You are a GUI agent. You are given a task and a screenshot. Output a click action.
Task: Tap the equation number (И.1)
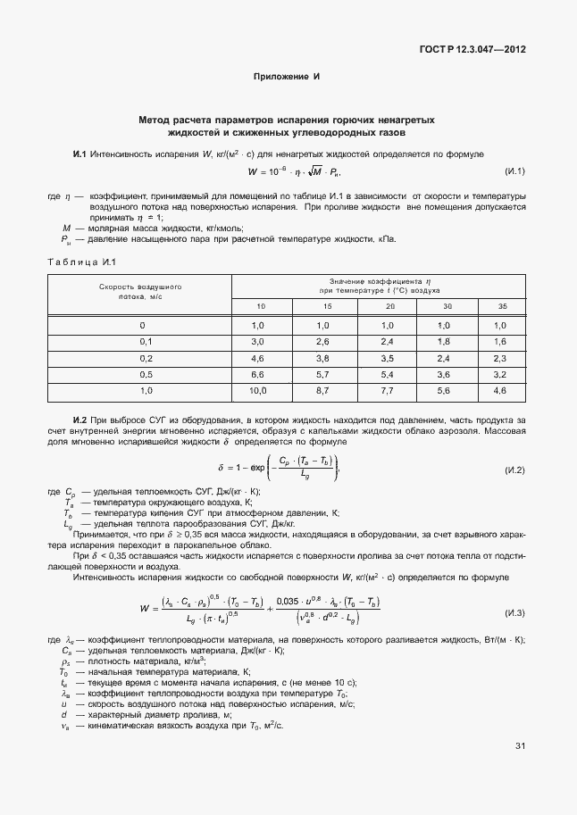514,171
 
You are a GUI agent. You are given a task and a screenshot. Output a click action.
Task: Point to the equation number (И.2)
514,470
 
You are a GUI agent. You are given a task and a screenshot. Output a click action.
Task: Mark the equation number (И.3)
514,613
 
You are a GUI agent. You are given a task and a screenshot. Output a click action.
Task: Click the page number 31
520,771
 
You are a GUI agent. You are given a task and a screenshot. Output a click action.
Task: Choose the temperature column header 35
499,307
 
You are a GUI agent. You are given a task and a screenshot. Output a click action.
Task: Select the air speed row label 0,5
146,374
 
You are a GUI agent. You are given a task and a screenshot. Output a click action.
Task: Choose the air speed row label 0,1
146,341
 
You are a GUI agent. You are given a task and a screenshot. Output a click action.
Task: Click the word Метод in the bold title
154,119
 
